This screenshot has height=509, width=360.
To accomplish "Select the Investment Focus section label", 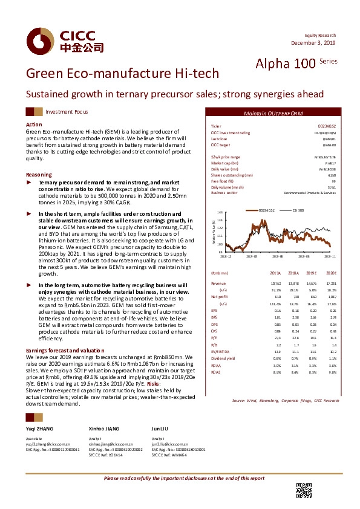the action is pyautogui.click(x=67, y=112).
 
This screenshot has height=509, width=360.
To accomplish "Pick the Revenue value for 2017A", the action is pyautogui.click(x=275, y=283).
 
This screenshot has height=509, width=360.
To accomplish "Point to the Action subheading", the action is pyautogui.click(x=34, y=124).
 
